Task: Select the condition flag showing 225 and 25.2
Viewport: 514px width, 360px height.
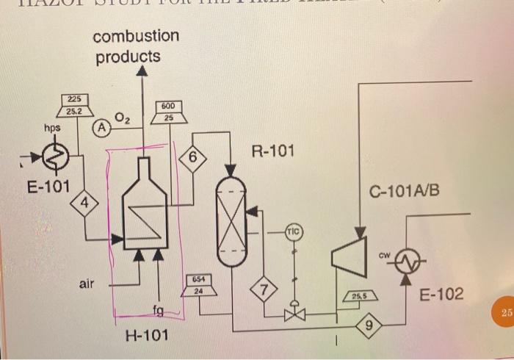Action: pyautogui.click(x=75, y=106)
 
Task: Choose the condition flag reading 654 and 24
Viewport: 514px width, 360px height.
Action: pyautogui.click(x=198, y=285)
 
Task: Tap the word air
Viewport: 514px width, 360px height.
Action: pyautogui.click(x=87, y=282)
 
